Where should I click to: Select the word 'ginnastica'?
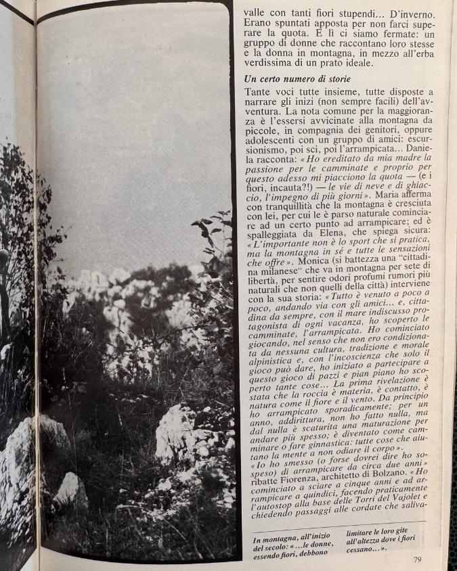pos(324,442)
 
